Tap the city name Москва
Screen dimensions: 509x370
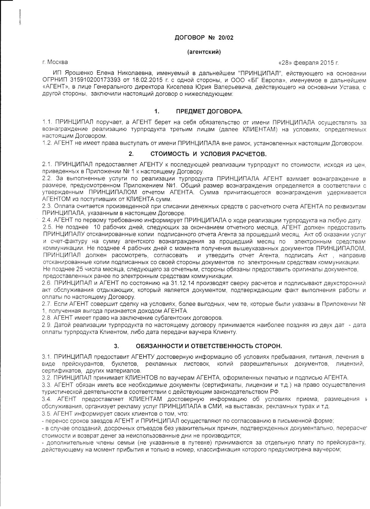point(58,62)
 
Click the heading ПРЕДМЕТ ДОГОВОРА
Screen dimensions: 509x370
point(209,111)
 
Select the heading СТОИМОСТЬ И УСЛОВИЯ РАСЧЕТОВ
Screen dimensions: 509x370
point(209,154)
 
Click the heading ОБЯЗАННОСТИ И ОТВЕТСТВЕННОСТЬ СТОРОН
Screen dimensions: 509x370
point(209,346)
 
